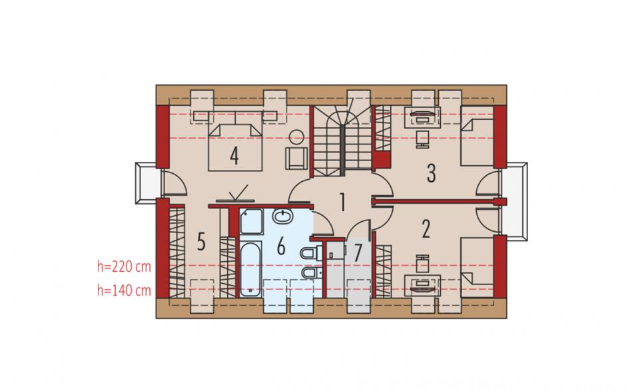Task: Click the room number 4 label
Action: pyautogui.click(x=234, y=156)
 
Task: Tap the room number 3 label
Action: pyautogui.click(x=431, y=173)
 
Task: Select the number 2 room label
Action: pyautogui.click(x=426, y=229)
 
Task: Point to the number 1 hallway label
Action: pyautogui.click(x=342, y=202)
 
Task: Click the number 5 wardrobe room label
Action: pyautogui.click(x=201, y=241)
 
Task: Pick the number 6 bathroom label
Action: pyautogui.click(x=281, y=246)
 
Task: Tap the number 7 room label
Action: pyautogui.click(x=358, y=252)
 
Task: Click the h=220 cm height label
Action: pyautogui.click(x=124, y=266)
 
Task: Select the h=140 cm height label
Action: pyautogui.click(x=124, y=290)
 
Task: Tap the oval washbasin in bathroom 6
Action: pyautogui.click(x=283, y=216)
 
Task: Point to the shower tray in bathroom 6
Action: pyautogui.click(x=251, y=222)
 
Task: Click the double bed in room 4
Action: pyautogui.click(x=236, y=147)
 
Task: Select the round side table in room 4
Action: pyautogui.click(x=296, y=137)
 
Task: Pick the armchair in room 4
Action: pyautogui.click(x=296, y=158)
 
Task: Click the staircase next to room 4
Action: pyautogui.click(x=342, y=141)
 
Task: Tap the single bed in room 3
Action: pyautogui.click(x=477, y=136)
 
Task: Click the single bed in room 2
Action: pyautogui.click(x=477, y=267)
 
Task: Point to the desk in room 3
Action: pyautogui.click(x=422, y=117)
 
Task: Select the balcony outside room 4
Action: pyautogui.click(x=149, y=183)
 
